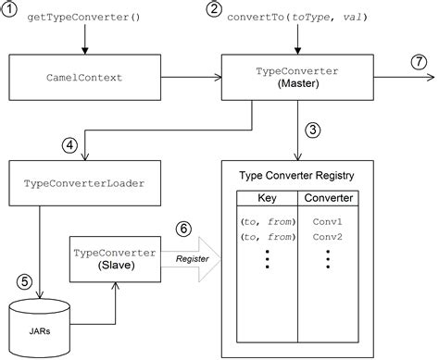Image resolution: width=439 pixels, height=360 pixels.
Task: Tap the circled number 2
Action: coord(215,12)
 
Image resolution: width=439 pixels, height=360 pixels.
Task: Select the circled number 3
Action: coord(316,130)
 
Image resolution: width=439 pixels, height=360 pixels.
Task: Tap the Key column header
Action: coord(267,199)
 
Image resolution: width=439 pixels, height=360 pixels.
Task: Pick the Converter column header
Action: coord(328,199)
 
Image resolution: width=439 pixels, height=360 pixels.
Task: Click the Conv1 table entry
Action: coord(328,223)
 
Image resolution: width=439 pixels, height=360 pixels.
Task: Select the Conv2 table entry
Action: coord(328,237)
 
